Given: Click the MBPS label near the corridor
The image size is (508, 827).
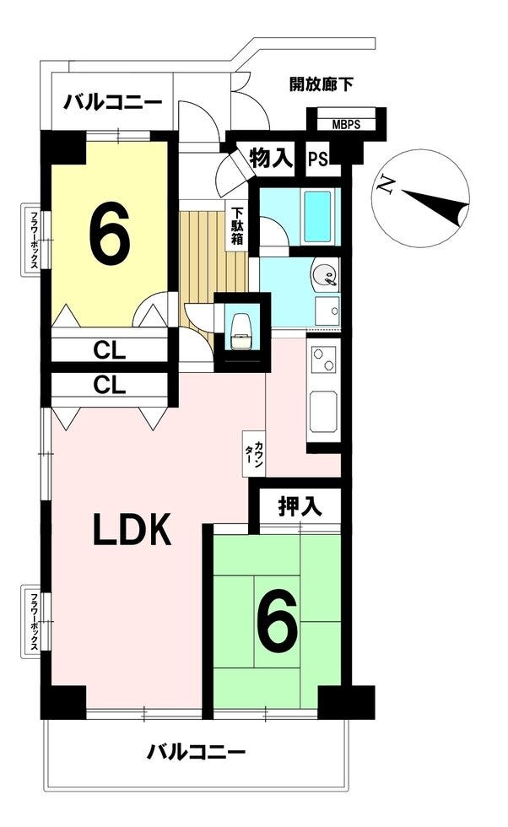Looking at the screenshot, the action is tap(346, 125).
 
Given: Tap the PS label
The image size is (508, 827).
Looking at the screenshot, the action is tap(317, 159).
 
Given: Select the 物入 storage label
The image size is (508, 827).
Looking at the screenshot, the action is tap(271, 157).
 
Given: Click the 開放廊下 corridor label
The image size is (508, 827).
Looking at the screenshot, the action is tap(322, 84).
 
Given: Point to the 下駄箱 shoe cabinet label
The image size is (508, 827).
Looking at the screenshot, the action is tap(237, 227).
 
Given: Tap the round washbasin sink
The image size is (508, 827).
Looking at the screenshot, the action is tap(324, 275).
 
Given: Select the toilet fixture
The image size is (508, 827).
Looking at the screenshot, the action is tap(240, 331).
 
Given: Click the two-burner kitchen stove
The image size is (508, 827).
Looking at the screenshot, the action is tap(324, 359).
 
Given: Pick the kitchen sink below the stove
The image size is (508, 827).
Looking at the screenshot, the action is tap(323, 412).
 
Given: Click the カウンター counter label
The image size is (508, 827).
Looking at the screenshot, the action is tap(254, 452).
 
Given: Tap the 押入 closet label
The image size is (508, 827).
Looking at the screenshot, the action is tap(300, 507).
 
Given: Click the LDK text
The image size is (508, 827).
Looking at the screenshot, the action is tap(132, 530).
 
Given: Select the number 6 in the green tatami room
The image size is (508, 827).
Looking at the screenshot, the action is tap(277, 620).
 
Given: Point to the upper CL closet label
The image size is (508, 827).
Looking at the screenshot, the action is tap(110, 349).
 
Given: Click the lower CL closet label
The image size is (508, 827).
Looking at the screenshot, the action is tap(110, 385).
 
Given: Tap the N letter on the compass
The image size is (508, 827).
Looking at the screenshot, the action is tap(386, 185).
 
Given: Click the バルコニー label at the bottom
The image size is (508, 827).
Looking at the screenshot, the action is tap(196, 750).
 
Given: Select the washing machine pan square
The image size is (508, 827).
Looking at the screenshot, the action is tap(327, 311).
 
